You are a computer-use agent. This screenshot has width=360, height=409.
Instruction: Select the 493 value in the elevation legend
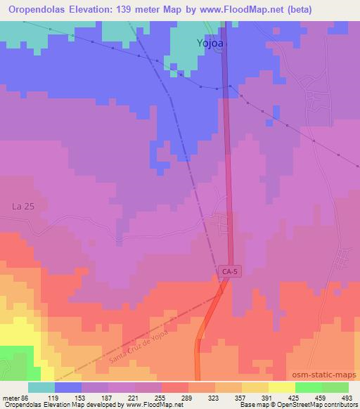(x=347, y=398)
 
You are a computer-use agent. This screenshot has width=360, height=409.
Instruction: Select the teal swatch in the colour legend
(x=41, y=387)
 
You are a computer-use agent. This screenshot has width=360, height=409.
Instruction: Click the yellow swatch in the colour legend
(x=281, y=387)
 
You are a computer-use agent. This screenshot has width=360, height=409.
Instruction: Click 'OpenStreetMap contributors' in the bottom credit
(x=323, y=405)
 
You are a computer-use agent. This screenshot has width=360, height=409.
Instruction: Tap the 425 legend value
(x=299, y=398)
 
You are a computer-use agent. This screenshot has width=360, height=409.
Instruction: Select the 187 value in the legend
(x=107, y=398)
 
